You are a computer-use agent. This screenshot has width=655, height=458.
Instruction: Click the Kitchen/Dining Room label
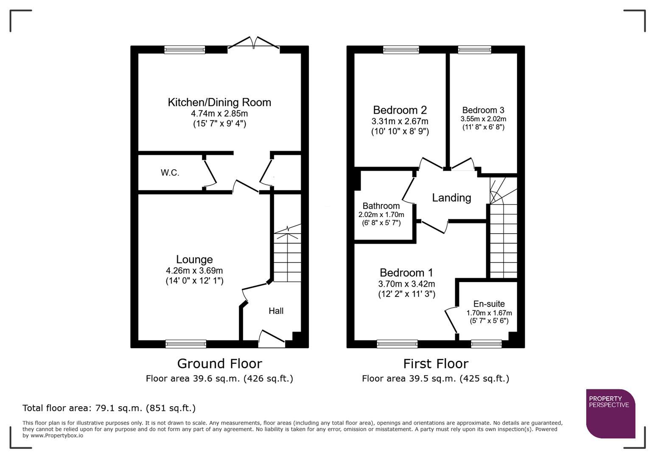[219, 102]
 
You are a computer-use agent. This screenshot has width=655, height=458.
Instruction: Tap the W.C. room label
[170, 173]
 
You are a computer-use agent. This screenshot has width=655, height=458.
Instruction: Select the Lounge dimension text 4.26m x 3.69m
[194, 271]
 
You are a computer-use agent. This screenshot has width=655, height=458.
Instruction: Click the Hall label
[276, 311]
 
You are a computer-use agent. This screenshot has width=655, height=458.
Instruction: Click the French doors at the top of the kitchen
[254, 43]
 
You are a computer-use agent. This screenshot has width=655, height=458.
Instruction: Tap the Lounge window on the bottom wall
[186, 344]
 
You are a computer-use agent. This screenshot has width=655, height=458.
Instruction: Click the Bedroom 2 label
[400, 110]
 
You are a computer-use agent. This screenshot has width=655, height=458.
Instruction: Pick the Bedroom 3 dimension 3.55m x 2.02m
[483, 119]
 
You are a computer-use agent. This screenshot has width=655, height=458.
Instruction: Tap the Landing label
[451, 198]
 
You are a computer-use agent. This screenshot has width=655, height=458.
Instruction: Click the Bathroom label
[381, 206]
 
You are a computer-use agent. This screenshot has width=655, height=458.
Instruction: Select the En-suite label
[489, 304]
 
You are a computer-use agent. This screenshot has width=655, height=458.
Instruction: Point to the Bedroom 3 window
[475, 50]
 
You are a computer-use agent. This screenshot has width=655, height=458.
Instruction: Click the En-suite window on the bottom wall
[486, 344]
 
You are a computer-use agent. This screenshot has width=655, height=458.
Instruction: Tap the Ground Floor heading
[219, 363]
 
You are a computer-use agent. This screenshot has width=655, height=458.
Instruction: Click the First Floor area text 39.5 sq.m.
[435, 378]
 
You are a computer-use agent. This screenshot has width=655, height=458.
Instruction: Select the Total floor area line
[109, 408]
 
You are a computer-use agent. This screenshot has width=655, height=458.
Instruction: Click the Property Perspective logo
[610, 413]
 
